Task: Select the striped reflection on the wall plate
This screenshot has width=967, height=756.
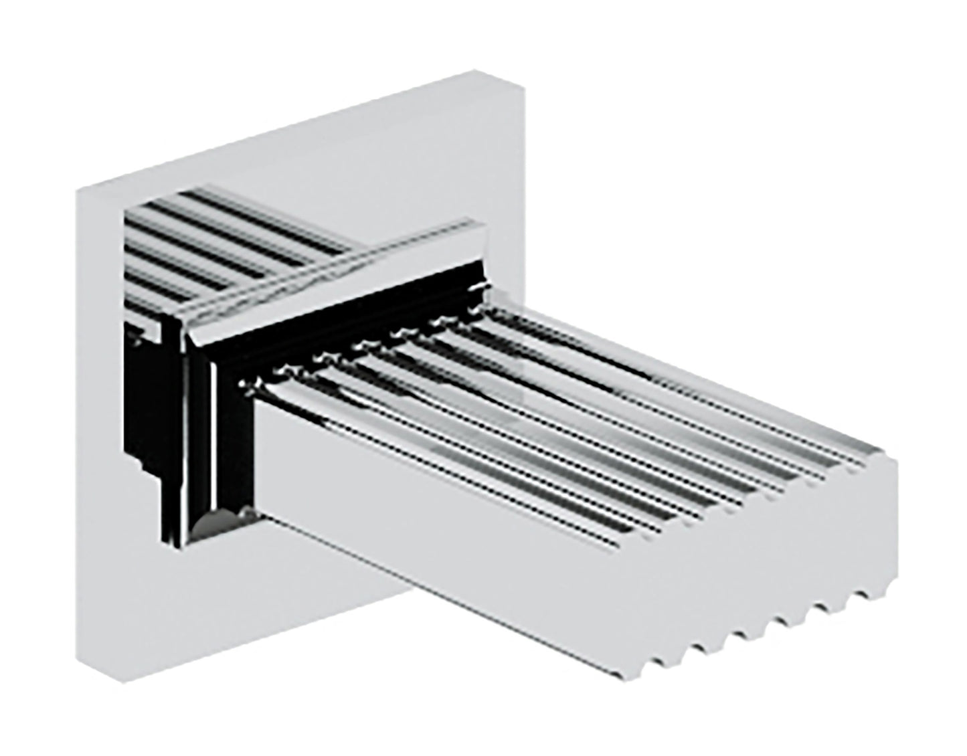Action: pyautogui.click(x=221, y=241)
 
